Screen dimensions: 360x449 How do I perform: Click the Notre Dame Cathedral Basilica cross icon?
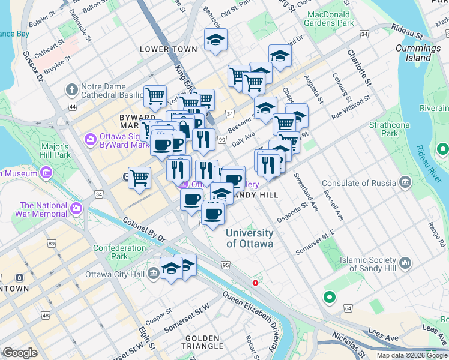[72, 90]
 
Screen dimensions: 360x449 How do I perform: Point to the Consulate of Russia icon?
[406, 182]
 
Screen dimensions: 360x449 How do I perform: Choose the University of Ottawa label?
[249, 238]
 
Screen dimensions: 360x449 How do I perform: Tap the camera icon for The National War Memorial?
[76, 209]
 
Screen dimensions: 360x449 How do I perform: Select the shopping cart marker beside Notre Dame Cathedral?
[155, 95]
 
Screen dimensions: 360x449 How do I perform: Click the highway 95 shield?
[226, 265]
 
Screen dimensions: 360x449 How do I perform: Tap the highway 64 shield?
[348, 308]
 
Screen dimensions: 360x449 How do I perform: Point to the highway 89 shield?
[52, 243]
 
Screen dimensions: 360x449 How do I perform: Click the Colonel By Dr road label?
[144, 229]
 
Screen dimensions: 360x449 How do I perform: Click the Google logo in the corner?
[20, 353]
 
